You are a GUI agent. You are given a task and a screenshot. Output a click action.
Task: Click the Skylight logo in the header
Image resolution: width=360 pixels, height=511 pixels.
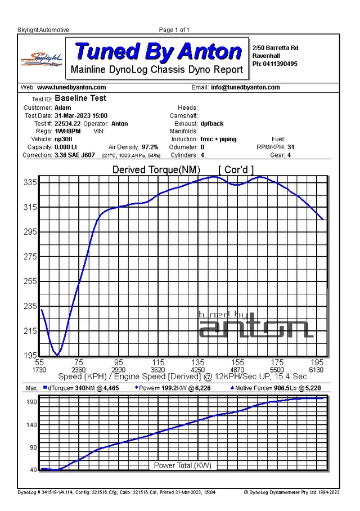click(x=42, y=60)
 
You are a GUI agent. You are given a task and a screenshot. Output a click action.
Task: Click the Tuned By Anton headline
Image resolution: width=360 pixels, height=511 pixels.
click(x=158, y=51)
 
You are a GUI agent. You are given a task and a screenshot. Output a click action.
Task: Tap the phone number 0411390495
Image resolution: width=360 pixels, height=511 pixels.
click(x=280, y=64)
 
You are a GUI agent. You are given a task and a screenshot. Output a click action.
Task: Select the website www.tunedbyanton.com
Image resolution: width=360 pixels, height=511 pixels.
click(x=71, y=87)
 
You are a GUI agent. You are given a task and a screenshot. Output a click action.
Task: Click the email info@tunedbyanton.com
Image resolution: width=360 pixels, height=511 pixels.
click(x=245, y=87)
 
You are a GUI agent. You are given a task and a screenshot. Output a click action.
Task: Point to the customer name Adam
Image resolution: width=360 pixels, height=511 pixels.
click(x=63, y=108)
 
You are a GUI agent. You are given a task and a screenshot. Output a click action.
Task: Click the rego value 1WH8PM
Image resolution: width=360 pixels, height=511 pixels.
click(x=67, y=131)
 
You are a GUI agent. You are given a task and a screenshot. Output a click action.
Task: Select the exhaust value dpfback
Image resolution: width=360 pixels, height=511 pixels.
click(x=212, y=123)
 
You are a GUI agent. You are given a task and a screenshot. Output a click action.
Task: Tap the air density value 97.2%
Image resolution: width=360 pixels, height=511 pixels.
click(x=150, y=147)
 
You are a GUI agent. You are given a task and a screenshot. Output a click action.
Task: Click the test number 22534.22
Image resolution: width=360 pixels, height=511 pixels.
click(x=67, y=123)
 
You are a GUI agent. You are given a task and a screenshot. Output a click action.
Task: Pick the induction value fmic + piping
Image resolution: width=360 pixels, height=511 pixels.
click(x=219, y=139)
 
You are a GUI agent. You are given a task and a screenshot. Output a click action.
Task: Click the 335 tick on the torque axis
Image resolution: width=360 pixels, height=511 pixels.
click(x=30, y=182)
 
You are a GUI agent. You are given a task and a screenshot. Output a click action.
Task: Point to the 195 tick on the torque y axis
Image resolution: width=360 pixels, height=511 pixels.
click(x=30, y=355)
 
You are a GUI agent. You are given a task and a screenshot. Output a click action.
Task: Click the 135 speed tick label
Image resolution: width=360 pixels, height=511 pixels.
click(x=198, y=362)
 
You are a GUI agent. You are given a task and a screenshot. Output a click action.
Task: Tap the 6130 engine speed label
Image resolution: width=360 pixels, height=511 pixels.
click(x=316, y=370)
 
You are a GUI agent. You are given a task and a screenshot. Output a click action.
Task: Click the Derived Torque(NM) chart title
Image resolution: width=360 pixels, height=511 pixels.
click(x=156, y=170)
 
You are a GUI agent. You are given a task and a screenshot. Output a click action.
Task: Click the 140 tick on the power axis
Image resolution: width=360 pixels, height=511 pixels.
click(x=32, y=425)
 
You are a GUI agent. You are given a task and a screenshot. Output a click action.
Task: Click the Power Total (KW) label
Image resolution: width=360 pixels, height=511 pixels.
click(x=182, y=465)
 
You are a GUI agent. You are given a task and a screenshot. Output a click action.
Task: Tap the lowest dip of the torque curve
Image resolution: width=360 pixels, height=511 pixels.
click(x=57, y=355)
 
